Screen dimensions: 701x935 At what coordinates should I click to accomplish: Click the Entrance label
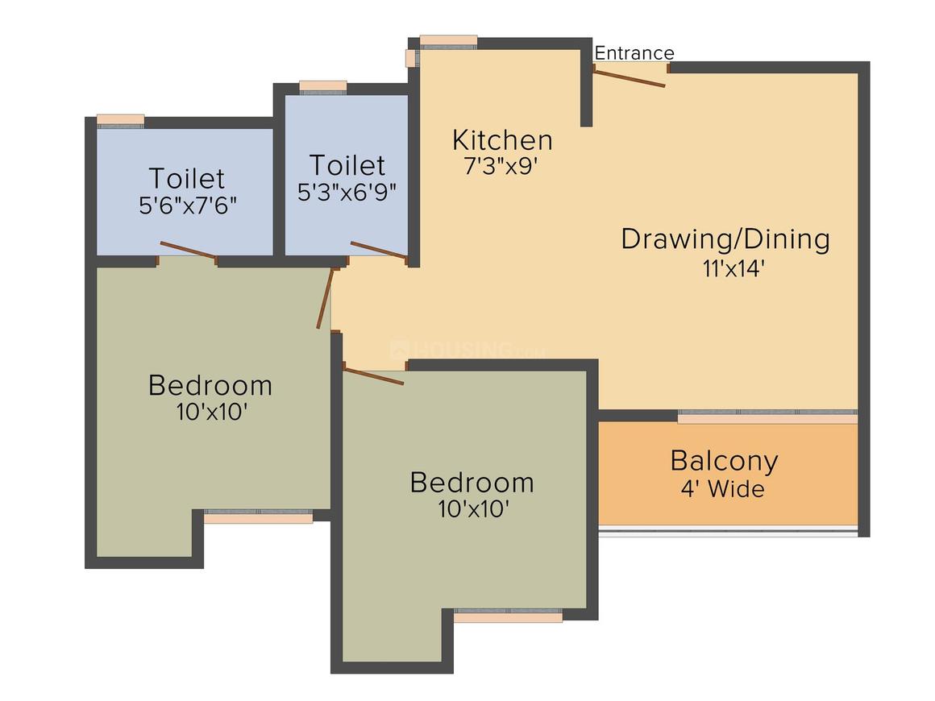pos(634,53)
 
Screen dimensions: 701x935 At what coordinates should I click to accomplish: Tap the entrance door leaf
pos(630,77)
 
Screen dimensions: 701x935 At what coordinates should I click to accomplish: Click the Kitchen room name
pos(502,140)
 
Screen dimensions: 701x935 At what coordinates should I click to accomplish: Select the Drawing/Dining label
pos(725,239)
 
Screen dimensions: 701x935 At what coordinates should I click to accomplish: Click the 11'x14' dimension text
pos(732,268)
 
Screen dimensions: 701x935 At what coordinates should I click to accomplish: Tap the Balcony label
pos(724,461)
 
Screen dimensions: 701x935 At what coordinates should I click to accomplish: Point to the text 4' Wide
pos(721,488)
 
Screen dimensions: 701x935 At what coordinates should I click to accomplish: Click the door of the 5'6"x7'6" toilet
pos(188,251)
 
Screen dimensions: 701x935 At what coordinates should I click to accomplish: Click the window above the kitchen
pos(448,42)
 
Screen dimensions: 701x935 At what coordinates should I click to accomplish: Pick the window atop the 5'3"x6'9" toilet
pos(322,87)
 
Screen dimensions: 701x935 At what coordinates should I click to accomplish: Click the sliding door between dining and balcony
pos(767,416)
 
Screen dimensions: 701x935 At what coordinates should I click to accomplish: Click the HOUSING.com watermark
pos(467,350)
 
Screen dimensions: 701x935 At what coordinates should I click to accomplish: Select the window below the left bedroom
pos(258,516)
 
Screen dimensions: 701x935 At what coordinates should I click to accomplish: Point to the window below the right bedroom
pos(508,615)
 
